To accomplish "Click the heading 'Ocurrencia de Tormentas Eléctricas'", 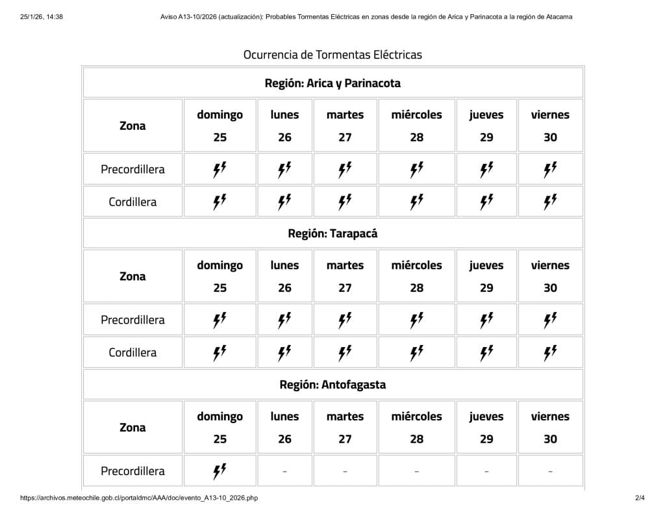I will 332,55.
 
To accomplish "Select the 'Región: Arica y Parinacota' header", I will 332,83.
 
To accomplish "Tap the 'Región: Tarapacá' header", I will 332,233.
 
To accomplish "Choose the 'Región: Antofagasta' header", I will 332,385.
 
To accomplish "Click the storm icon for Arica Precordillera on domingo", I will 220,170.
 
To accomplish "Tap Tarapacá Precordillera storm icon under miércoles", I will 417,320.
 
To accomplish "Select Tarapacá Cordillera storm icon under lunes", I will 284,353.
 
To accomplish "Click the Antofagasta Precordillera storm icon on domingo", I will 220,471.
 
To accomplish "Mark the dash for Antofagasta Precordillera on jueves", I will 486,472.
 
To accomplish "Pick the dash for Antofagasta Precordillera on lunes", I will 284,472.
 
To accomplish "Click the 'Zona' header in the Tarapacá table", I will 132,276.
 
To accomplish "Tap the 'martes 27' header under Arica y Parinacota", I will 345,125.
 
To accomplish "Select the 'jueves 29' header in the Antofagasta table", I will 486,427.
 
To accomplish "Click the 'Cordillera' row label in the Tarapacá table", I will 132,353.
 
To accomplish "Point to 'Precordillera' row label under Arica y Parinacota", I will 132,170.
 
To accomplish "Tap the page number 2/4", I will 640,498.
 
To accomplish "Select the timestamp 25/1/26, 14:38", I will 42,17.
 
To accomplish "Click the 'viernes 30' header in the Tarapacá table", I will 550,276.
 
